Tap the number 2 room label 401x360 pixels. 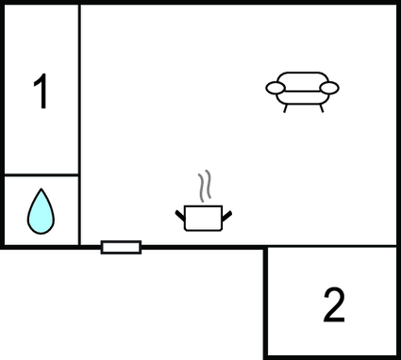[x=334, y=304]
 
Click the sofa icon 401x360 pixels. [x=302, y=91]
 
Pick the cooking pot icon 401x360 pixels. [x=203, y=217]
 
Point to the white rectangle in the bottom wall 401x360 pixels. [x=121, y=247]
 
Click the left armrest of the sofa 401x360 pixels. [x=276, y=89]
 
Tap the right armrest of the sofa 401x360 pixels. [x=328, y=88]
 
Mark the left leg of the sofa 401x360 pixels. [x=286, y=107]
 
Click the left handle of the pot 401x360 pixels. [x=180, y=217]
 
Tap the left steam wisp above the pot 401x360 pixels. [x=200, y=185]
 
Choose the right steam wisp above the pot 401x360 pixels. [x=209, y=185]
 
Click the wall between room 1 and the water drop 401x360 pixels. [x=41, y=174]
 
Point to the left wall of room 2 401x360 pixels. [x=265, y=302]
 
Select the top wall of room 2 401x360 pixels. [x=330, y=247]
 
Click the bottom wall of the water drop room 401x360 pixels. [x=41, y=247]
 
